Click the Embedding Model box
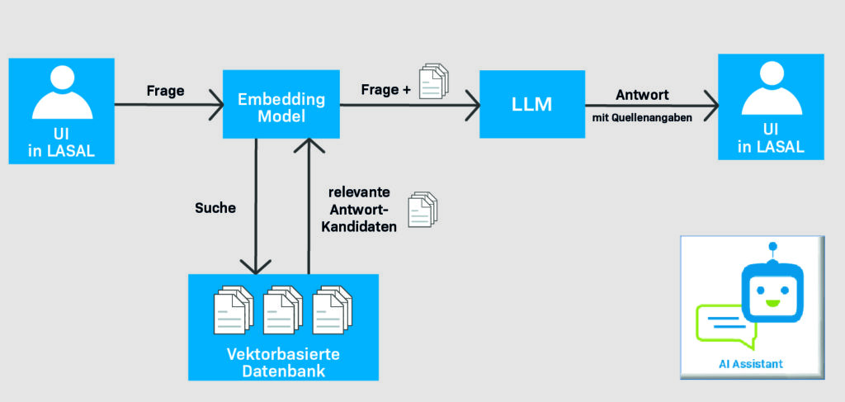click(281, 105)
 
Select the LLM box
click(531, 105)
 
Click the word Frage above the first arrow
click(165, 90)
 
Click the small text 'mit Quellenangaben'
click(641, 118)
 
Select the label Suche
click(215, 208)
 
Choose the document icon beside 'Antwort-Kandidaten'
click(422, 210)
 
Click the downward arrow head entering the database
click(257, 266)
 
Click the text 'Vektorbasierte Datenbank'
click(283, 362)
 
